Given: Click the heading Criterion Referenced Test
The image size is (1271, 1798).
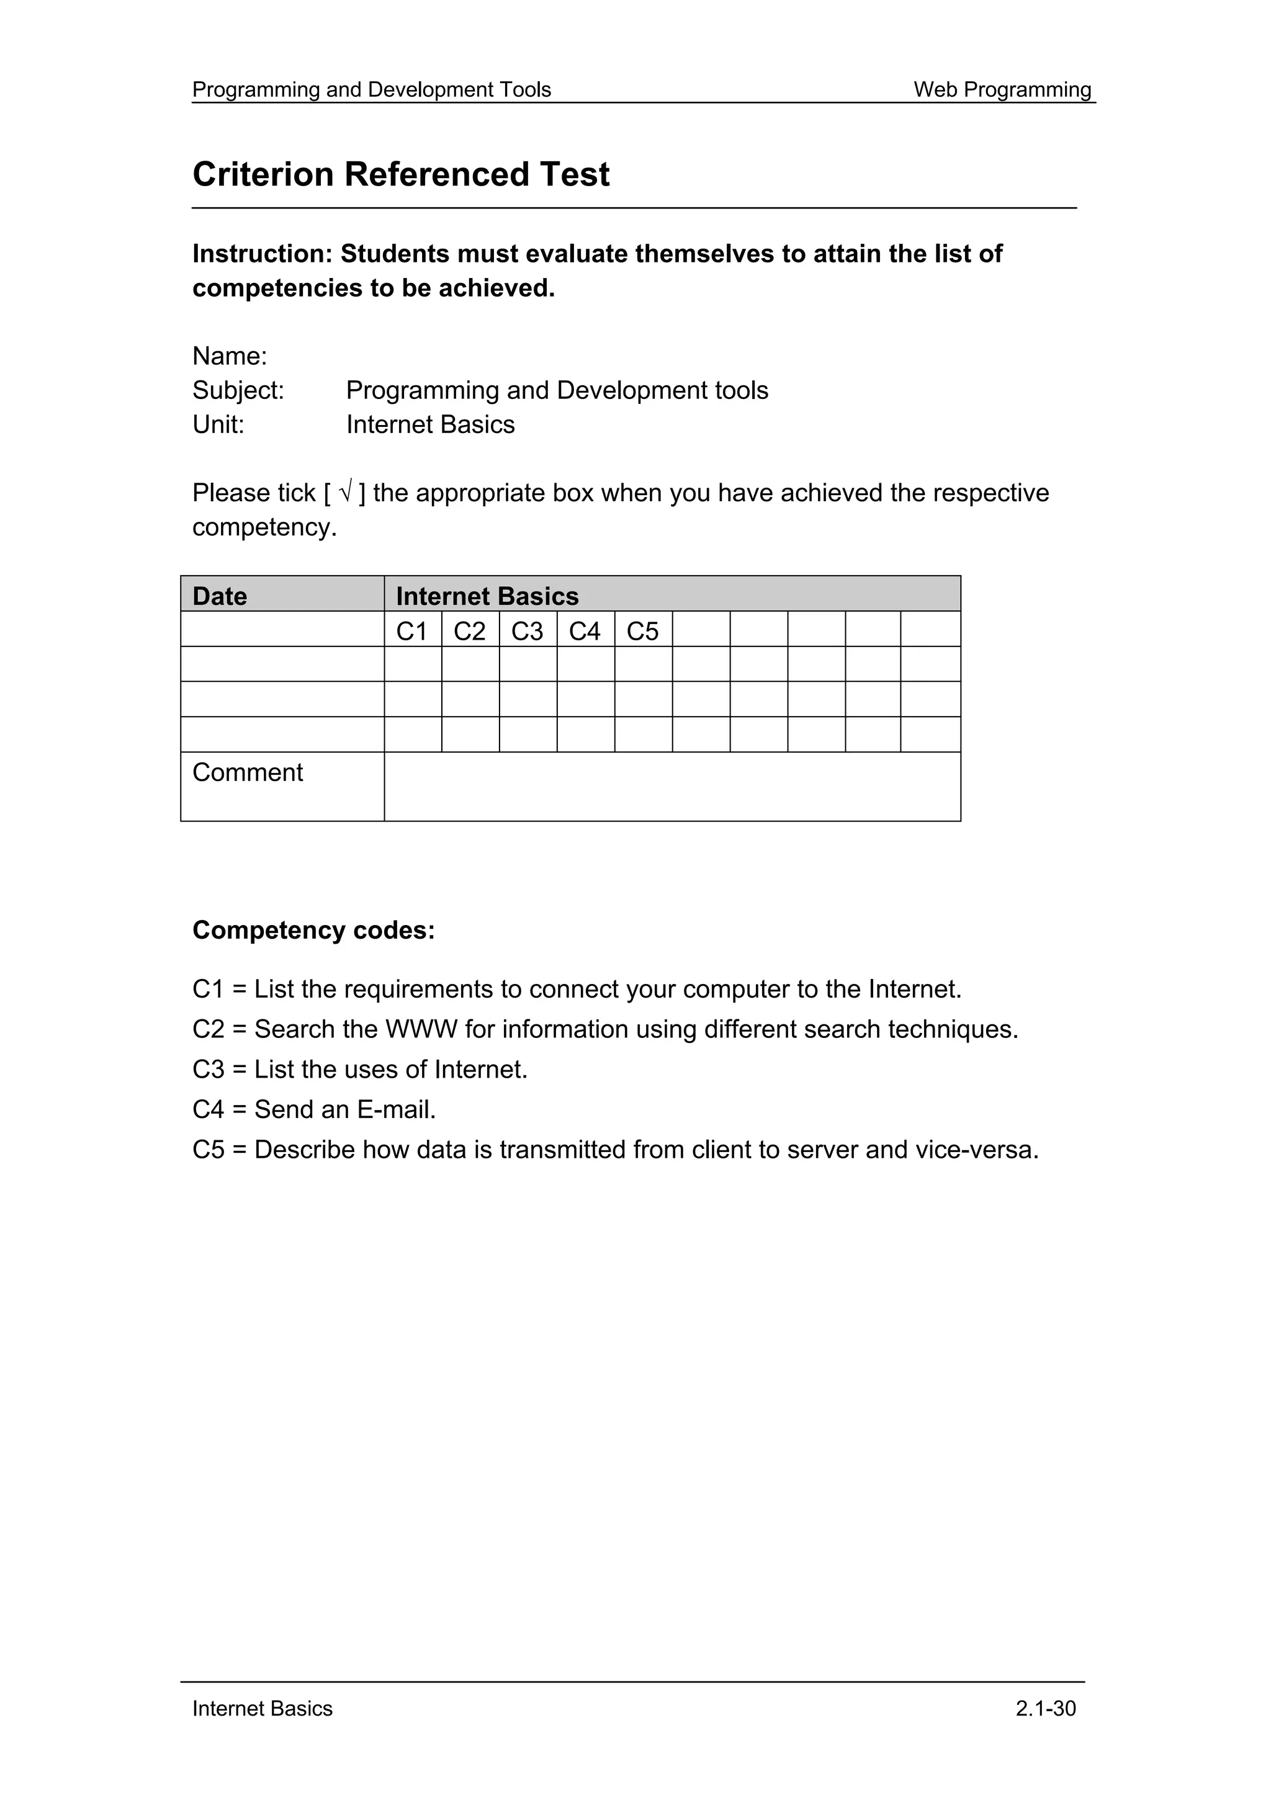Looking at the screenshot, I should click(x=400, y=174).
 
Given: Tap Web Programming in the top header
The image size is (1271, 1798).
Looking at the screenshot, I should click(x=1002, y=89).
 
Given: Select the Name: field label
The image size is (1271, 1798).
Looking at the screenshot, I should click(x=230, y=356).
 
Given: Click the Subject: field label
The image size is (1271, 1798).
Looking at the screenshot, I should click(x=238, y=390).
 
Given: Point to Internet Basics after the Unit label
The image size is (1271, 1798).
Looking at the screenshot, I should click(x=430, y=424).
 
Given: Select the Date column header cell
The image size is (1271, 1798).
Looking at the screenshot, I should click(x=282, y=596).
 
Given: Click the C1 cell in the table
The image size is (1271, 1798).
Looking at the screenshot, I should click(x=412, y=631).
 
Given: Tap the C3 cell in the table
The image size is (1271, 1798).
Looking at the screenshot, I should click(x=527, y=631).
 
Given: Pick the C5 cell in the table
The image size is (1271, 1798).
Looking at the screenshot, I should click(x=642, y=631).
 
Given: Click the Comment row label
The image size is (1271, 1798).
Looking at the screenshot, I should click(x=248, y=773).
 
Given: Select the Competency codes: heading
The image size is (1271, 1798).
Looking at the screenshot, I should click(x=313, y=930).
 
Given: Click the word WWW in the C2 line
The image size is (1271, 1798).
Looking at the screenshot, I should click(x=421, y=1029).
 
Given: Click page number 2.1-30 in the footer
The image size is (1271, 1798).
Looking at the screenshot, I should click(x=1046, y=1708).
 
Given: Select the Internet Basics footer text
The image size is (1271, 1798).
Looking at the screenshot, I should click(x=263, y=1708).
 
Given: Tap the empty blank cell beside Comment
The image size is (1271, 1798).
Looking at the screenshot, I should click(x=672, y=786).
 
